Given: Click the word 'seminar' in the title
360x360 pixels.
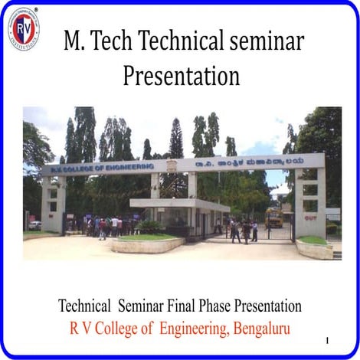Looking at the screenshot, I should [263, 42].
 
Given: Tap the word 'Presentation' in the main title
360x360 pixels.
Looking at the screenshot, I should [181, 76].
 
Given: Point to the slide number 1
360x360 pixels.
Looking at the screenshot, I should [327, 339].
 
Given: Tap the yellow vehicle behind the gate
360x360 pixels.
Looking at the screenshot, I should [274, 218].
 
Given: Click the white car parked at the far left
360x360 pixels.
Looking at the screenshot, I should [34, 225].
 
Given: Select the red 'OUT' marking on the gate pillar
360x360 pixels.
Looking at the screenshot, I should [310, 217].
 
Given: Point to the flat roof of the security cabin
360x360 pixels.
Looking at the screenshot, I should [179, 204].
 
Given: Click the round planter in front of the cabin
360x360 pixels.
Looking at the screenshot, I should [148, 244].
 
